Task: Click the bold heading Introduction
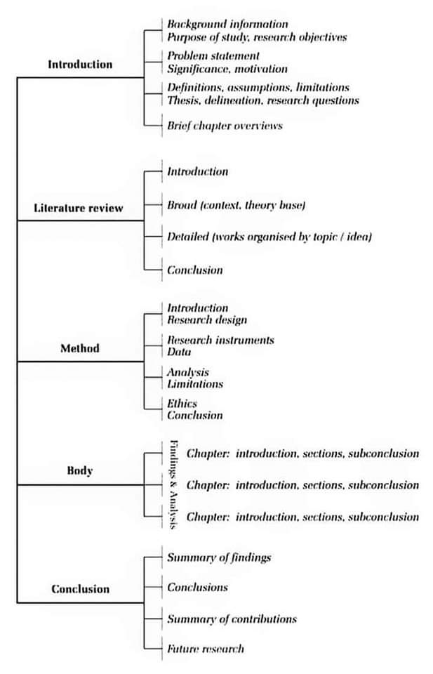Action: coord(80,65)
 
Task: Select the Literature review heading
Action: coord(79,208)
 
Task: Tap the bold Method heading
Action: coord(80,348)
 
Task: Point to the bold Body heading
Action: coord(80,471)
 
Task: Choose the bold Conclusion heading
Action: coord(81,589)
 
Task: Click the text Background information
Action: coord(227,25)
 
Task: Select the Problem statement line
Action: coord(213,55)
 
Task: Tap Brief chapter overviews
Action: coord(225,126)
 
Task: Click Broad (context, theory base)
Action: coord(236,205)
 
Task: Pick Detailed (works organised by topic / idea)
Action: coord(269,237)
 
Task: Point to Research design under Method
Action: coord(207,320)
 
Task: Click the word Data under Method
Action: coord(179,352)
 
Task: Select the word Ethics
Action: coord(182,404)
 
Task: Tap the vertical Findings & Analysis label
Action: coord(173,485)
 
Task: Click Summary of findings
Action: coord(219,557)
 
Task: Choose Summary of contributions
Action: coord(232,619)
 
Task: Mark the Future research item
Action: coord(206,649)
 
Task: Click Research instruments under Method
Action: coord(220,341)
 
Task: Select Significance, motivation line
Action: coord(227,69)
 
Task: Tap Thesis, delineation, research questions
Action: coord(263,100)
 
